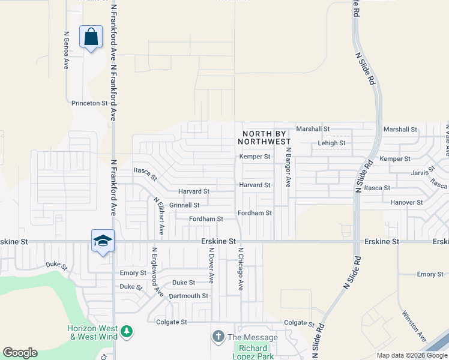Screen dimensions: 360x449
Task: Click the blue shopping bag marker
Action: click(x=91, y=37)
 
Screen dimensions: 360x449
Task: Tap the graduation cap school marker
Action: click(x=103, y=241)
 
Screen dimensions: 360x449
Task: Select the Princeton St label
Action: click(x=89, y=103)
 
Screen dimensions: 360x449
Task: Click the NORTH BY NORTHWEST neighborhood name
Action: click(x=267, y=137)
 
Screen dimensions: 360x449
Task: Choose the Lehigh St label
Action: click(x=331, y=143)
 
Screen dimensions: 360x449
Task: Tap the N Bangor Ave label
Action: click(x=288, y=167)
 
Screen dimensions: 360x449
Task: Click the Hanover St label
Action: click(x=406, y=203)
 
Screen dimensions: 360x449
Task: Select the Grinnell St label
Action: click(x=184, y=205)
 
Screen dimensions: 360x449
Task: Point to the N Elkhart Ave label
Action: click(x=159, y=216)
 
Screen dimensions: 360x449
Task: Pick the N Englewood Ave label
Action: click(x=157, y=272)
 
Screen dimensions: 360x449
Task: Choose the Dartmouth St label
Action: click(x=188, y=296)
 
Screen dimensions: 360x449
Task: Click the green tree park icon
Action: click(x=126, y=331)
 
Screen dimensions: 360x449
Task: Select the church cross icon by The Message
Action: click(x=218, y=337)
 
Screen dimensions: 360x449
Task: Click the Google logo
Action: click(x=20, y=353)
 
